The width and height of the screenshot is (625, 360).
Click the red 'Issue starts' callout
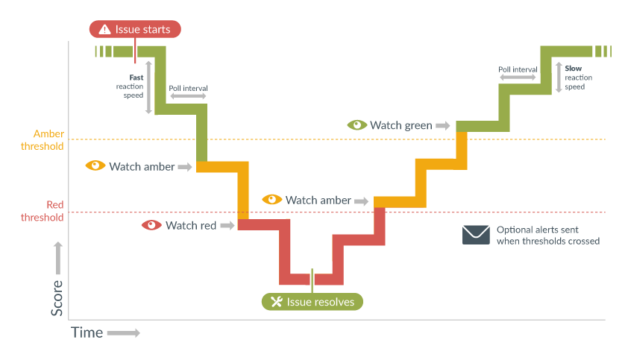[135, 29]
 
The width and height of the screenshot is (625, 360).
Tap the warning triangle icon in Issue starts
[104, 30]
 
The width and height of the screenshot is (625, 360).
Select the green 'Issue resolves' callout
[312, 301]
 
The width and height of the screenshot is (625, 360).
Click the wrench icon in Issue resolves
[277, 302]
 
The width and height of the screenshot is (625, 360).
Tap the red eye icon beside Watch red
[152, 225]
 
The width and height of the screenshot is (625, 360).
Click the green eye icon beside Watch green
[357, 125]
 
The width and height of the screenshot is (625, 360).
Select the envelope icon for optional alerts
[475, 235]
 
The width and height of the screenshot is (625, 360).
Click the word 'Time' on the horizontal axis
[87, 332]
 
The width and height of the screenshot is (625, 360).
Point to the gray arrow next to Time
[123, 332]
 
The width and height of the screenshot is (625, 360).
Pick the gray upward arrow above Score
[57, 257]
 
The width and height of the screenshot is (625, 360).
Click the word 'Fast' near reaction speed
[136, 77]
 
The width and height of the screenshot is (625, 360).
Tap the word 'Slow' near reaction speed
[574, 68]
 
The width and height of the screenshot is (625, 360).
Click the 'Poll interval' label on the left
[188, 88]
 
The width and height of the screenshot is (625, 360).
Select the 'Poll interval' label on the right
[518, 69]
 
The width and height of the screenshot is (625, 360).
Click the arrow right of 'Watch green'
[443, 126]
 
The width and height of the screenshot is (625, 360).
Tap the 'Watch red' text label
[191, 225]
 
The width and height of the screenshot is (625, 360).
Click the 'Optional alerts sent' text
[538, 230]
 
